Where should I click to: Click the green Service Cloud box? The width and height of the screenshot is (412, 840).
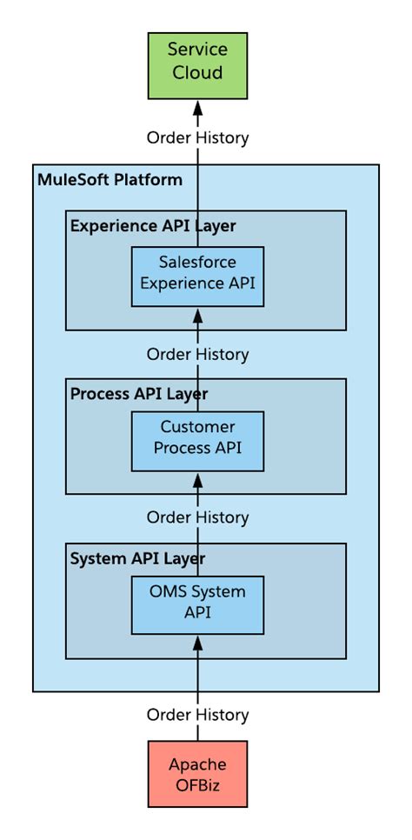pyautogui.click(x=197, y=64)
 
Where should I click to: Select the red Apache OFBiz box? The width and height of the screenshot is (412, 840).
pyautogui.click(x=197, y=774)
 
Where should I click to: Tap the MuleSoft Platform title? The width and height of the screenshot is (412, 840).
pyautogui.click(x=110, y=180)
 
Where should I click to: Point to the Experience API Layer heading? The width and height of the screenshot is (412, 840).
pyautogui.click(x=153, y=226)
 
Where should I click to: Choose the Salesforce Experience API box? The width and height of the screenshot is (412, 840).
pyautogui.click(x=197, y=277)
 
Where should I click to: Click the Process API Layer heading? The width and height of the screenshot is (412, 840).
pyautogui.click(x=139, y=394)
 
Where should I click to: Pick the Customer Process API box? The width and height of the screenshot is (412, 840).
pyautogui.click(x=197, y=442)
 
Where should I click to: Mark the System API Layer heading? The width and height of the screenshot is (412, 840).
pyautogui.click(x=137, y=557)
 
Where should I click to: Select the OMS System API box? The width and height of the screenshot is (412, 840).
pyautogui.click(x=197, y=604)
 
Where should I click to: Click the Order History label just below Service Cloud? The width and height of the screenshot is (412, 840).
pyautogui.click(x=197, y=137)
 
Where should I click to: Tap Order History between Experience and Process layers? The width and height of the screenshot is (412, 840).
pyautogui.click(x=197, y=354)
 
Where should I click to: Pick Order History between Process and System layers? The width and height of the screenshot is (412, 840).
pyautogui.click(x=197, y=517)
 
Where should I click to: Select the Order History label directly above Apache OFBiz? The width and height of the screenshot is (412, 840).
pyautogui.click(x=197, y=715)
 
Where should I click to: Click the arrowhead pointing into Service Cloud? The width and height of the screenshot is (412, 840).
pyautogui.click(x=197, y=107)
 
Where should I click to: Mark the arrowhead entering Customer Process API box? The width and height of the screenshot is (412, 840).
pyautogui.click(x=197, y=479)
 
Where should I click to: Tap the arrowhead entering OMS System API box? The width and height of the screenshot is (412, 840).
pyautogui.click(x=197, y=643)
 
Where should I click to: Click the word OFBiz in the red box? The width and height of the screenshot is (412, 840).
pyautogui.click(x=197, y=785)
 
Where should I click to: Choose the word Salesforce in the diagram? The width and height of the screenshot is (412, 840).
pyautogui.click(x=197, y=262)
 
